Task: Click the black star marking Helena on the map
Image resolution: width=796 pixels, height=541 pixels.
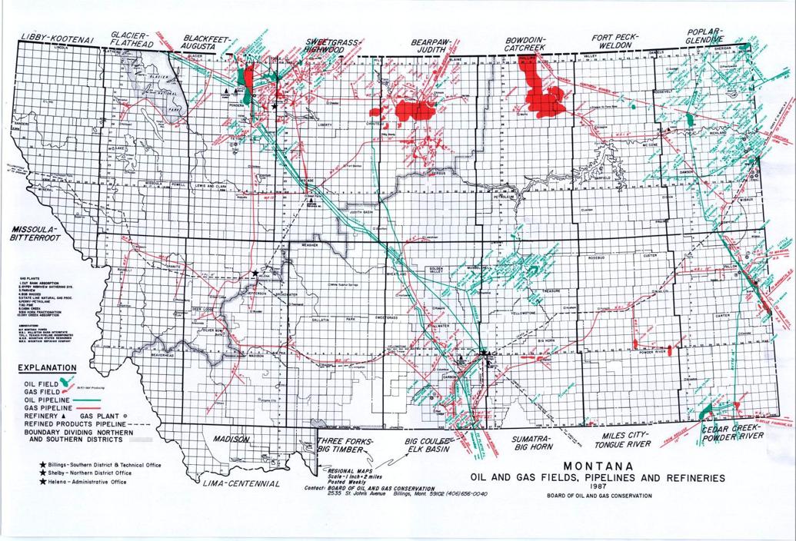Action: point(255,274)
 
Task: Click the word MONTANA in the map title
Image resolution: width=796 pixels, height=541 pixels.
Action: point(598,466)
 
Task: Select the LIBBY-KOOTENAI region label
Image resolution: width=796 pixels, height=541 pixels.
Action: point(57,38)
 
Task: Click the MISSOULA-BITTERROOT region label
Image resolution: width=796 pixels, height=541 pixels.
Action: point(33,234)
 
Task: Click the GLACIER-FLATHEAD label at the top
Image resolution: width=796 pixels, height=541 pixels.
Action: point(132,39)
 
